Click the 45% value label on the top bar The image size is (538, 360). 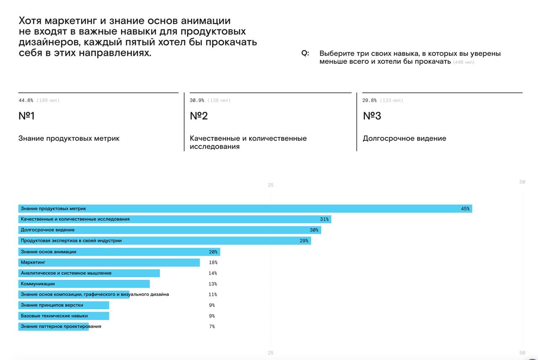(465, 209)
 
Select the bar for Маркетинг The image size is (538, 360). (109, 263)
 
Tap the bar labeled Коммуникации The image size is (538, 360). (84, 284)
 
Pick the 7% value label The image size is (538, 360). (212, 327)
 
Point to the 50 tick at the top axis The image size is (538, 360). (522, 182)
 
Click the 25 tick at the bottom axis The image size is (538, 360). (271, 353)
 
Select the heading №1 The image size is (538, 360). (26, 116)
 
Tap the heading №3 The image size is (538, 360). (372, 116)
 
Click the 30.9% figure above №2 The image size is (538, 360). (197, 100)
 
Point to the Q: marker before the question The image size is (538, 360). (305, 53)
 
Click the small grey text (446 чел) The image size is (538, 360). (464, 62)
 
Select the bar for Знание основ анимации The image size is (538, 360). (119, 252)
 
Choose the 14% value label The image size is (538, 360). (213, 273)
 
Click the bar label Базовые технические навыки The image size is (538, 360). (54, 316)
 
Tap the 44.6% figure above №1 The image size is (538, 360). (26, 100)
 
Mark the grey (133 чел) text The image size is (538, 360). (391, 100)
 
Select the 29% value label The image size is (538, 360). (304, 241)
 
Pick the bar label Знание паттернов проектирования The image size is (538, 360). (61, 326)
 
